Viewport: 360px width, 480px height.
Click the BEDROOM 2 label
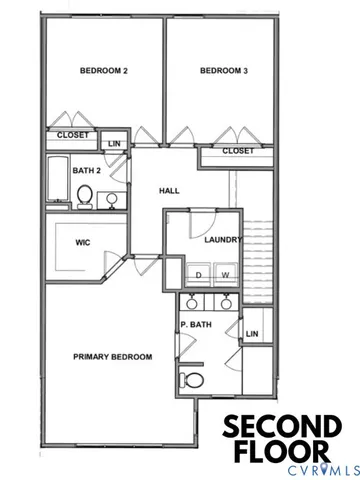point(103,70)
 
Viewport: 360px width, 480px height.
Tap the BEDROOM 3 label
point(223,70)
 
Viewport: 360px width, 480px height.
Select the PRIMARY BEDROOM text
point(112,357)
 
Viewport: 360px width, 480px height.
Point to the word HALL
point(168,190)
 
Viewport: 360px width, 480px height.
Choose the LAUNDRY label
point(221,240)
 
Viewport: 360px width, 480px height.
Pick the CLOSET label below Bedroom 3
point(238,151)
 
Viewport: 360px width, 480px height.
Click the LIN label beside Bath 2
point(114,144)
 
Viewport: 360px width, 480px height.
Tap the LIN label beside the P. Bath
point(252,334)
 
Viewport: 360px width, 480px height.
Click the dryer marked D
point(199,274)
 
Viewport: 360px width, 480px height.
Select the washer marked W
point(225,274)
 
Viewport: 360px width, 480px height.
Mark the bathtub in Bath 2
point(57,181)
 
